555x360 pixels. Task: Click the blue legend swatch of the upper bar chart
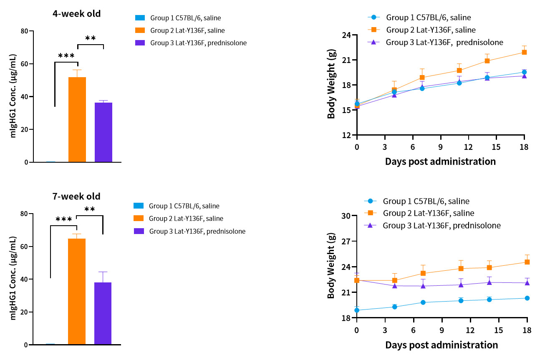tap(140, 18)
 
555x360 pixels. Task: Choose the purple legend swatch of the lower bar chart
tap(139, 231)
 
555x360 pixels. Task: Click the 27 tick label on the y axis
tap(346, 242)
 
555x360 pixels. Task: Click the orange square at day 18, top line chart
tap(524, 52)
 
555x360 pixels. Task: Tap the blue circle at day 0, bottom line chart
tap(357, 310)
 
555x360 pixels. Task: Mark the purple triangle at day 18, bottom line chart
tap(527, 282)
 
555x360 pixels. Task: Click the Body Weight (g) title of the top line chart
tap(331, 86)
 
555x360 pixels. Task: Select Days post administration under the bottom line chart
tap(441, 345)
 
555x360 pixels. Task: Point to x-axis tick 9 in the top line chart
tap(440, 147)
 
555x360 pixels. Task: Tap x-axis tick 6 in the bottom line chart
tap(414, 330)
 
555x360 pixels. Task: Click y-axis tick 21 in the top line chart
tap(347, 60)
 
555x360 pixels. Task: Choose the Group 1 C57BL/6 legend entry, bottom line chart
tap(426, 201)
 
